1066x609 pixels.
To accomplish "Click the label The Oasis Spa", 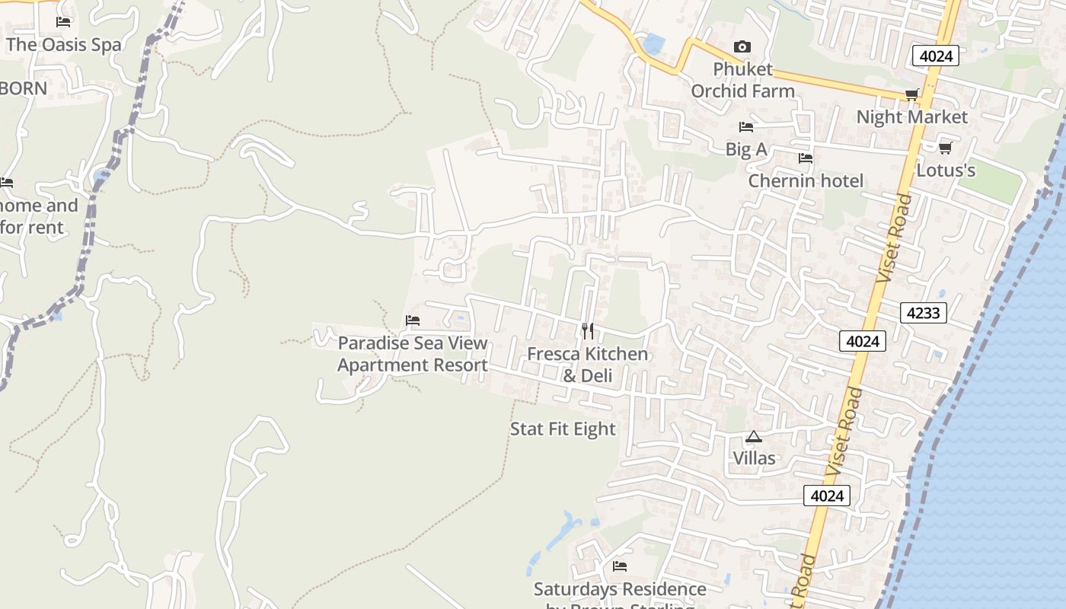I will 63,44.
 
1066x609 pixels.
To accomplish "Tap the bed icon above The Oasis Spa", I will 63,22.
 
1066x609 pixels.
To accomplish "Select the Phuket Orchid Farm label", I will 742,80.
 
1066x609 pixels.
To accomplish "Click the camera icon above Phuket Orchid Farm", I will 742,47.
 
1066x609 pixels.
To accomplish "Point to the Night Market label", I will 911,116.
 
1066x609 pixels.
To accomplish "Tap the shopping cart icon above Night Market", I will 911,94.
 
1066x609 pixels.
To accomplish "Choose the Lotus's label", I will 946,170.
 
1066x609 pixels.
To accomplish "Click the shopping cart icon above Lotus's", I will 946,148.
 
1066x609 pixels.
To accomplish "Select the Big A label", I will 746,149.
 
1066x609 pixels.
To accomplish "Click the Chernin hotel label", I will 806,180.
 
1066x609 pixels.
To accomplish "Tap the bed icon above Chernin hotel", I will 806,158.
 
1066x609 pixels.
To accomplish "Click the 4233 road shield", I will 923,312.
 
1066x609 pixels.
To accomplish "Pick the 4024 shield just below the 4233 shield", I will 863,341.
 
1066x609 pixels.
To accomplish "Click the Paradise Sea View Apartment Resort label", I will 413,354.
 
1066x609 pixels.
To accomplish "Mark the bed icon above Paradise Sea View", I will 413,320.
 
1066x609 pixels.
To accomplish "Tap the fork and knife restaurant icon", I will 588,331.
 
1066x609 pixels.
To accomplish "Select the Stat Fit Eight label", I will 563,429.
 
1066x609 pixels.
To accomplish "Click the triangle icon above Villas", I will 754,436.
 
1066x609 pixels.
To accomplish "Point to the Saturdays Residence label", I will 620,589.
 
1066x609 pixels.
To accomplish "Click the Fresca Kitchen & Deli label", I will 588,365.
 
